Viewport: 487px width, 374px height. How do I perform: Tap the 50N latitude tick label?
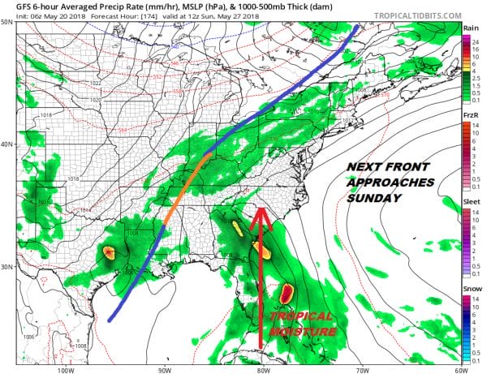(7, 22)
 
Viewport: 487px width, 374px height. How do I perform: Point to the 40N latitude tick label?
(7, 144)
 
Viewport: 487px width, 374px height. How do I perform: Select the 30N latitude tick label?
(7, 267)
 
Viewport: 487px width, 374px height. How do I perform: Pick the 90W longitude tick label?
(165, 369)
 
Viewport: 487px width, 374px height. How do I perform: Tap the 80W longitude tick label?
(262, 369)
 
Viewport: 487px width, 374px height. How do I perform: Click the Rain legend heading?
(470, 28)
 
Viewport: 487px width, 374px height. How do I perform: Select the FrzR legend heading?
(470, 115)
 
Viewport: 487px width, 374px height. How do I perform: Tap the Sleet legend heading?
(471, 203)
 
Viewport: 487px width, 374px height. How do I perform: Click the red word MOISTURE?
(301, 331)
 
